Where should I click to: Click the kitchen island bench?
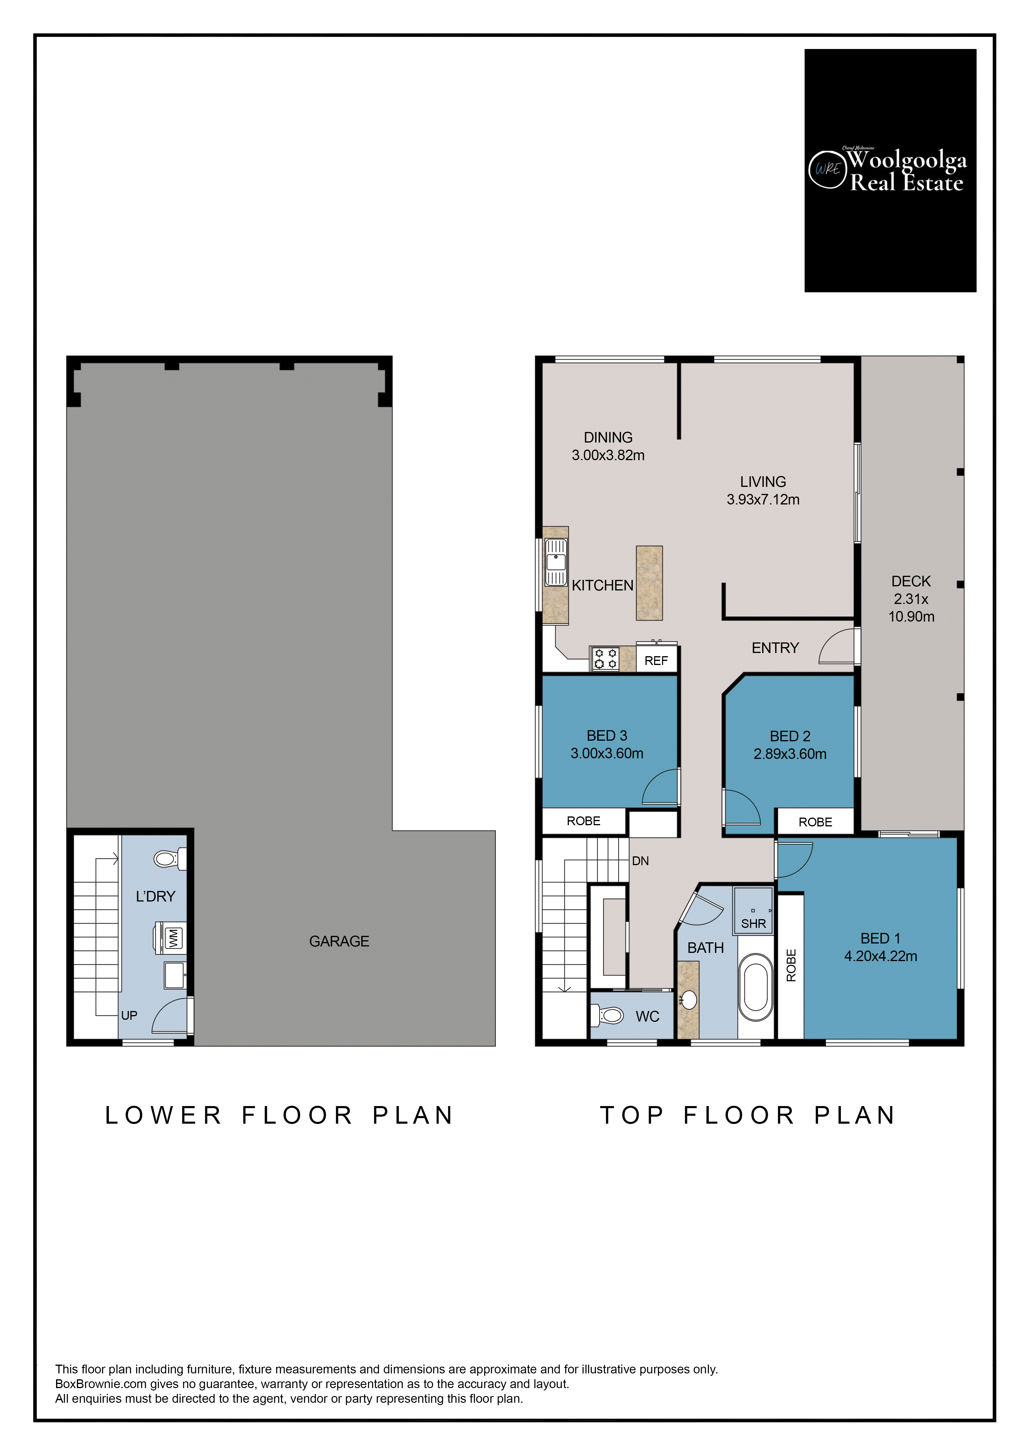(650, 583)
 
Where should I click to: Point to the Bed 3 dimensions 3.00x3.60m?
(607, 754)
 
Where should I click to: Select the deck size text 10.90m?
(911, 617)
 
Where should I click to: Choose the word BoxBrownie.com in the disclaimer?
(101, 1384)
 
